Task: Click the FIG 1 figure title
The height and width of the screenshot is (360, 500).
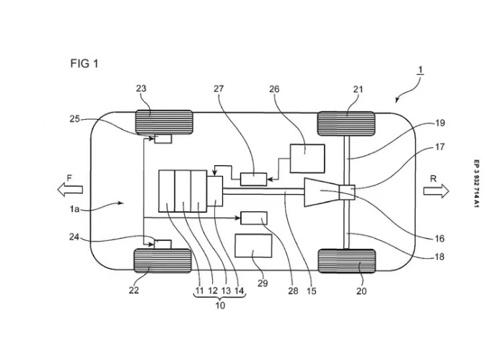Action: tap(84, 63)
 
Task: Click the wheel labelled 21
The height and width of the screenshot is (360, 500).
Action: tap(346, 123)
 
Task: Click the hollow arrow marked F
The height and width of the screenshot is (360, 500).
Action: tap(69, 190)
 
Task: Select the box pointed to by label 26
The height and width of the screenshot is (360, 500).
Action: tap(307, 157)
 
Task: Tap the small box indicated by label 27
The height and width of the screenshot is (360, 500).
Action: tap(253, 179)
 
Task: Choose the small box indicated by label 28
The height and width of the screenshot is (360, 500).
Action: tap(253, 216)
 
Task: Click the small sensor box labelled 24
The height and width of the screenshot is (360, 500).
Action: tap(163, 244)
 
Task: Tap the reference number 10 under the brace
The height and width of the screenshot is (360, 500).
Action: tap(220, 305)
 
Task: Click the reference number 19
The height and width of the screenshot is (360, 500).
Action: tap(440, 123)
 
